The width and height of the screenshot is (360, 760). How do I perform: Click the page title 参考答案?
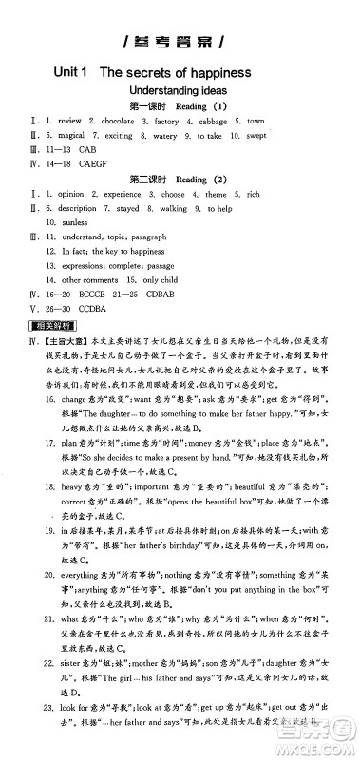(180, 44)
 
